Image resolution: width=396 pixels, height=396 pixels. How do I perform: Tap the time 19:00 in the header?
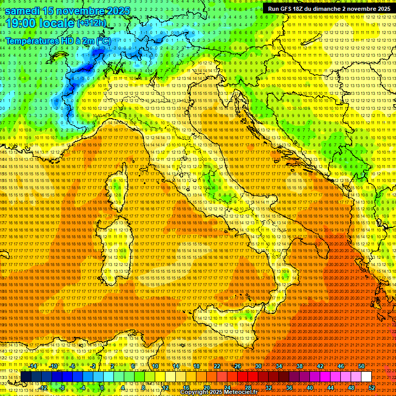coord(21,23)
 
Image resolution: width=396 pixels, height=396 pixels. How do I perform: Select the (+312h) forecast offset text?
coord(92,23)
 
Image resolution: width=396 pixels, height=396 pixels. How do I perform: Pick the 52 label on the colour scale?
coord(371,387)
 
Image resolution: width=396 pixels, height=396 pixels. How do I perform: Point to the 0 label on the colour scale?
coord(102,387)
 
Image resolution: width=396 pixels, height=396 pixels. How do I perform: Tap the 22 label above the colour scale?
coord(217,366)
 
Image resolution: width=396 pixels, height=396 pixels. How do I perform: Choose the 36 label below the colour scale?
coord(289,387)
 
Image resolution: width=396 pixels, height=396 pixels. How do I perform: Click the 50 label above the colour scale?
coord(361,366)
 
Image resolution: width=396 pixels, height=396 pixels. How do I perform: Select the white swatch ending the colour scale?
coord(366,377)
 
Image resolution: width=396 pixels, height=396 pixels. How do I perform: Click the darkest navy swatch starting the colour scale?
coord(26,377)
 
